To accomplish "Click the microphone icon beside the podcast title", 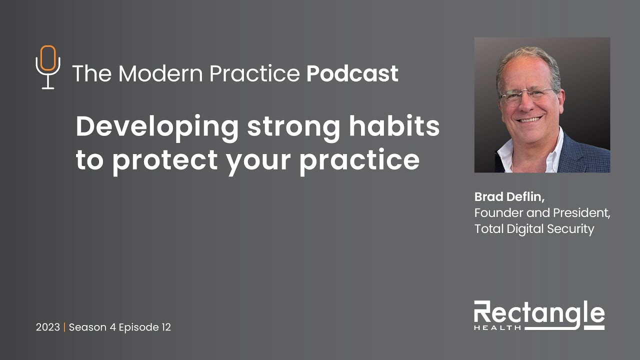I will tap(48, 67).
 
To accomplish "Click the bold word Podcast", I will tap(352, 73).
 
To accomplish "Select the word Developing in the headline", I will tap(157, 127).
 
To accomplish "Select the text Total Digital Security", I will tap(534, 229).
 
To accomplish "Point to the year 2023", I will tap(47, 327).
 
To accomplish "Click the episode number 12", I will tap(165, 327).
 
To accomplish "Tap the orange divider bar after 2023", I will tap(64, 327).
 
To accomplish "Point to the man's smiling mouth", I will tap(530, 120).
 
